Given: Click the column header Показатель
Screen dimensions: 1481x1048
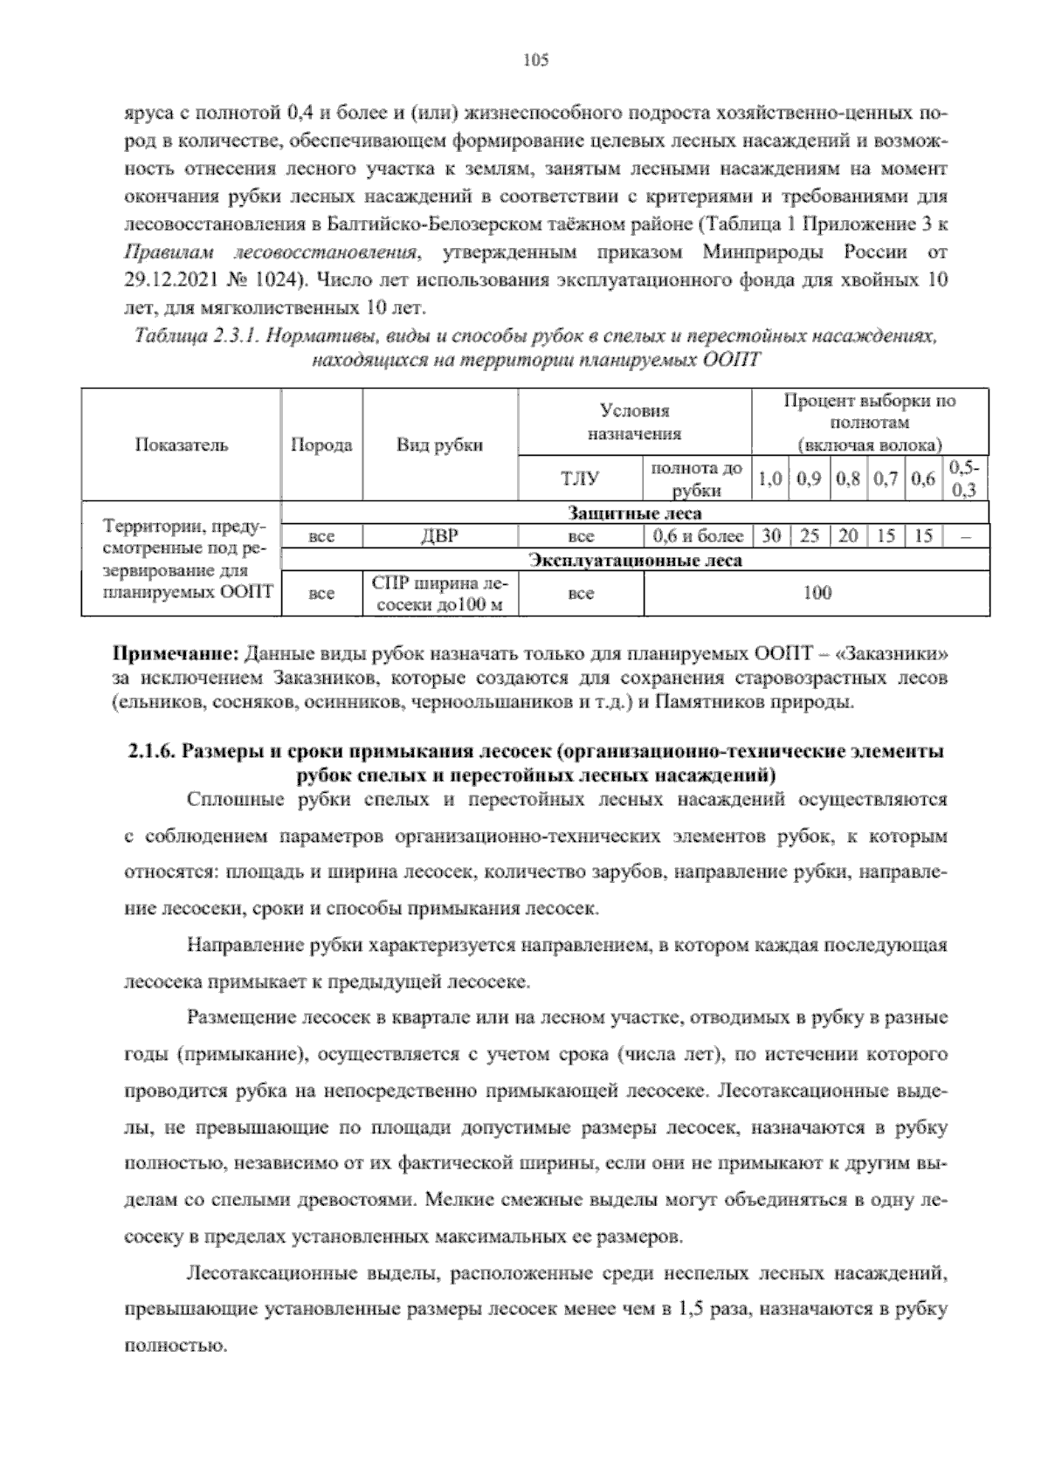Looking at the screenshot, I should (x=182, y=444).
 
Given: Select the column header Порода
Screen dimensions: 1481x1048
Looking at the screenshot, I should (x=321, y=444).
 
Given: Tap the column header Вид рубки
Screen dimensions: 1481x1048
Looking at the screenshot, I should (x=440, y=444).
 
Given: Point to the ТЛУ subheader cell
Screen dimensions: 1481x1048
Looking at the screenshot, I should (x=580, y=478).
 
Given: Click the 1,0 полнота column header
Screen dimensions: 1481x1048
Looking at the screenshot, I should (x=769, y=478).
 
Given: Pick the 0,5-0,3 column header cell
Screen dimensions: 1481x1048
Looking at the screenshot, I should (x=964, y=478).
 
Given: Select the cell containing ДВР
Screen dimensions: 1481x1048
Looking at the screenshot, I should (x=440, y=536).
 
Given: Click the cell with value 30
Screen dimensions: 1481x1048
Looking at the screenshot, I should (x=770, y=536).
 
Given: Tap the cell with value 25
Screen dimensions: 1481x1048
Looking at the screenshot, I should (x=809, y=536).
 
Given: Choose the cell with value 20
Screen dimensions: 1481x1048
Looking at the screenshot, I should (x=848, y=536).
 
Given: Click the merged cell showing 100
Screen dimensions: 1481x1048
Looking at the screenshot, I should (x=817, y=593).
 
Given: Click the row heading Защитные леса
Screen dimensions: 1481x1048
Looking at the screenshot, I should (x=635, y=513).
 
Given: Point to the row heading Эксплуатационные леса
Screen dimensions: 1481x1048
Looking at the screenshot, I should (x=635, y=560).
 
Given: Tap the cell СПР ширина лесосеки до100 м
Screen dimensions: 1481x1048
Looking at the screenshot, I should (x=440, y=593).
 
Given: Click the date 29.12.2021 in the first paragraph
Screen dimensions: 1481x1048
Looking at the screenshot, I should (x=169, y=281).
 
